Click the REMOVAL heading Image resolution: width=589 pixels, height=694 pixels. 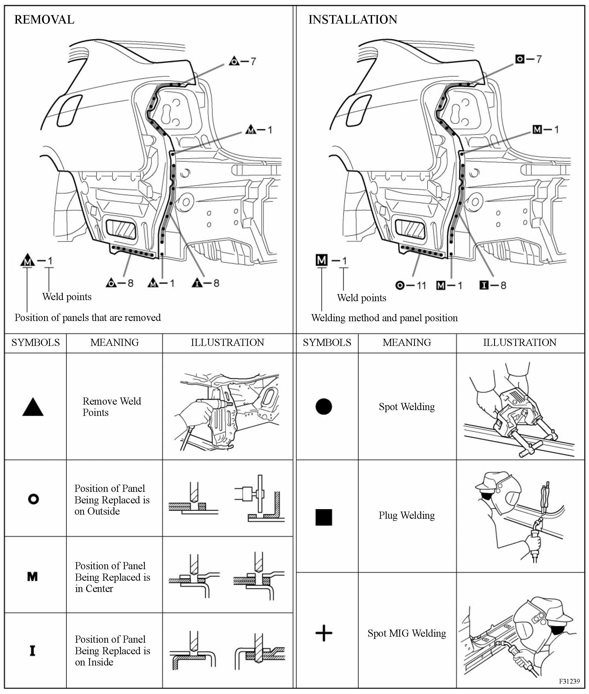(44, 20)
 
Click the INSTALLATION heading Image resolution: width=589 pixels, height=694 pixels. (353, 20)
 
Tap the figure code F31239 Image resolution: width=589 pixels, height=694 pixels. (569, 681)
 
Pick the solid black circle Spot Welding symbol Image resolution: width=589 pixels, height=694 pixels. (324, 407)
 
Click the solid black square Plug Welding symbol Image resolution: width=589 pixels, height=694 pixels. (324, 517)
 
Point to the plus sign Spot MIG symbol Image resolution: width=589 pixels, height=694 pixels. (324, 633)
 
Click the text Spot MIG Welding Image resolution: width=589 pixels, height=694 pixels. (407, 633)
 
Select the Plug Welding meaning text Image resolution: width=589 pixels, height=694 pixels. (407, 515)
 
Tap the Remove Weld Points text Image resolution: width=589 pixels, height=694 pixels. (112, 407)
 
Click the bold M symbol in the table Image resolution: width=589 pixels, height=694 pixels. (32, 576)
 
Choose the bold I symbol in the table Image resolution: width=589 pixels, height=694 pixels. (32, 651)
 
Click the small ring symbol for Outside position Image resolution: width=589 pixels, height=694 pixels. (33, 499)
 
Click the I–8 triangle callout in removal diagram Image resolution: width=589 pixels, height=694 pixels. (206, 283)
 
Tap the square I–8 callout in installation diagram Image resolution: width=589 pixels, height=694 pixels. (493, 285)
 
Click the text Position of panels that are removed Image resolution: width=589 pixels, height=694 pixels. (87, 317)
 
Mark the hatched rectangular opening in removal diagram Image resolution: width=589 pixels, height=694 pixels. (121, 229)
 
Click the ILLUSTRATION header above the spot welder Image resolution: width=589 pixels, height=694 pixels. (520, 342)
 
